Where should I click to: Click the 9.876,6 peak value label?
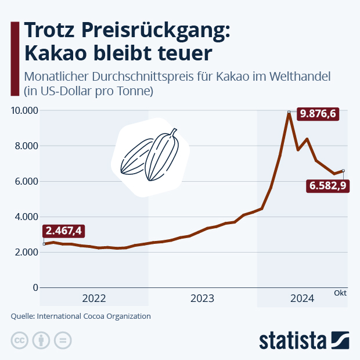coord(316,114)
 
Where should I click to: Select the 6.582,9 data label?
coord(327,186)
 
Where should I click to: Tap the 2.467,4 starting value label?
coord(63,231)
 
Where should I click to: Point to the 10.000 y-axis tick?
coord(24,110)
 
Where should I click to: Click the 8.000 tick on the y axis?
coord(27,146)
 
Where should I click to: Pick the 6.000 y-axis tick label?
coord(27,181)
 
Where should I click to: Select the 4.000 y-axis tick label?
coord(27,217)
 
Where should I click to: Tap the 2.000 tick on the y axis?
coord(27,252)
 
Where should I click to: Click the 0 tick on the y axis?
coord(35,287)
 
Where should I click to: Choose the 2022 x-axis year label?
coord(94,298)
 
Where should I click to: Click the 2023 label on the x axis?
coord(202,298)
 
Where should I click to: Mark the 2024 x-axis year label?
coord(302,298)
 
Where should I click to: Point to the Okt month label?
coord(340,294)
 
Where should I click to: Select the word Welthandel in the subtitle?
coord(298,77)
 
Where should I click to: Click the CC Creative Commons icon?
coord(20,340)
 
